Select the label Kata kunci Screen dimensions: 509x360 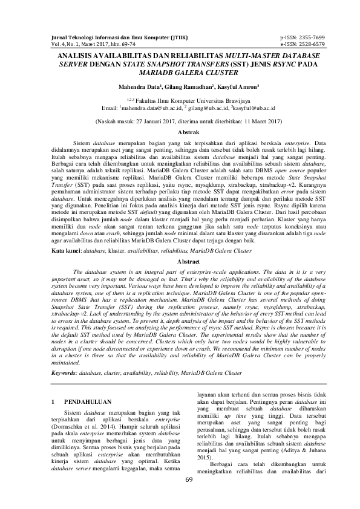(x=65, y=249)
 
